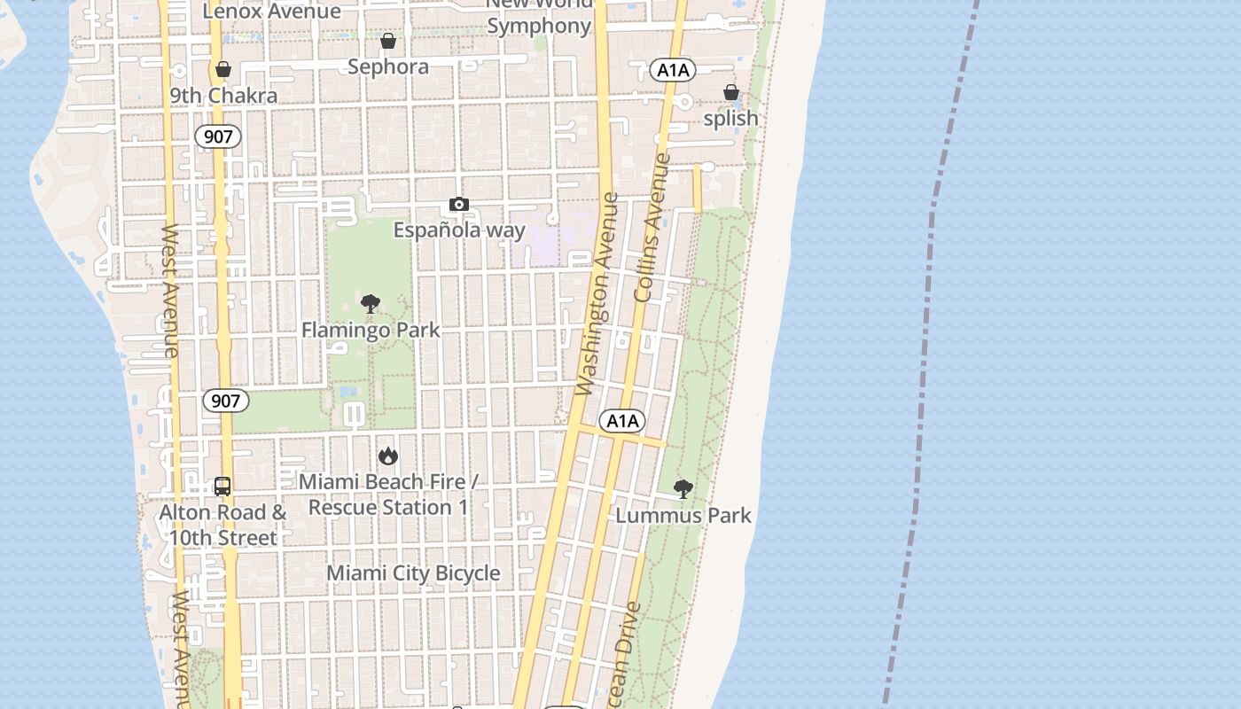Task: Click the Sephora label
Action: [x=388, y=67]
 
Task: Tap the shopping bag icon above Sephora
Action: [x=388, y=41]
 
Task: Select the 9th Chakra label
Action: [x=223, y=96]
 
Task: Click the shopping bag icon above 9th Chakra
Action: [x=223, y=69]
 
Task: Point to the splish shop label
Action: [x=730, y=119]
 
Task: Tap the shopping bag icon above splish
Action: [x=730, y=92]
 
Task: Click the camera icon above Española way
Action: [x=458, y=205]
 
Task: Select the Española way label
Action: [x=459, y=230]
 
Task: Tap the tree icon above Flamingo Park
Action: [x=371, y=304]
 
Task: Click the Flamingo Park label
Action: [x=371, y=331]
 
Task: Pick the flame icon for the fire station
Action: [x=388, y=456]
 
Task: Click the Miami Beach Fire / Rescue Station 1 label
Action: [x=388, y=495]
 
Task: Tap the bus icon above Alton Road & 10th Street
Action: [x=222, y=487]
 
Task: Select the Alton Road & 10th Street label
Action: [x=222, y=526]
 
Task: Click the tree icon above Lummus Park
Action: [x=683, y=488]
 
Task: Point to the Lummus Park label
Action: [x=683, y=516]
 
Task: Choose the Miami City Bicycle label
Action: [x=413, y=573]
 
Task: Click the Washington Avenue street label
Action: [x=596, y=294]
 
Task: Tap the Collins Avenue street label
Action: [x=652, y=228]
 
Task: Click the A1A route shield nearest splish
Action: [x=672, y=70]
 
